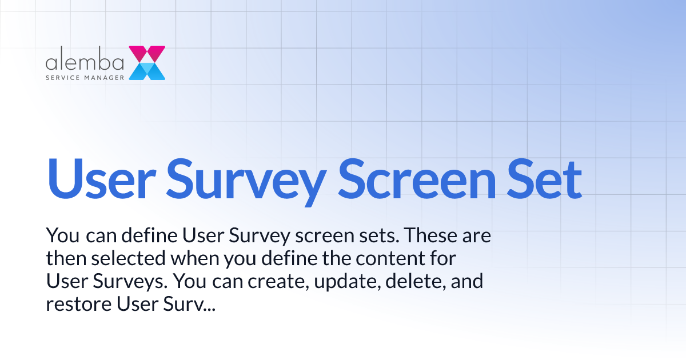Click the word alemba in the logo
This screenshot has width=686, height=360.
click(85, 62)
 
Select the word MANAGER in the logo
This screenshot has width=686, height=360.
click(105, 77)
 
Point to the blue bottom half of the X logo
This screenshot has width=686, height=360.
click(147, 71)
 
